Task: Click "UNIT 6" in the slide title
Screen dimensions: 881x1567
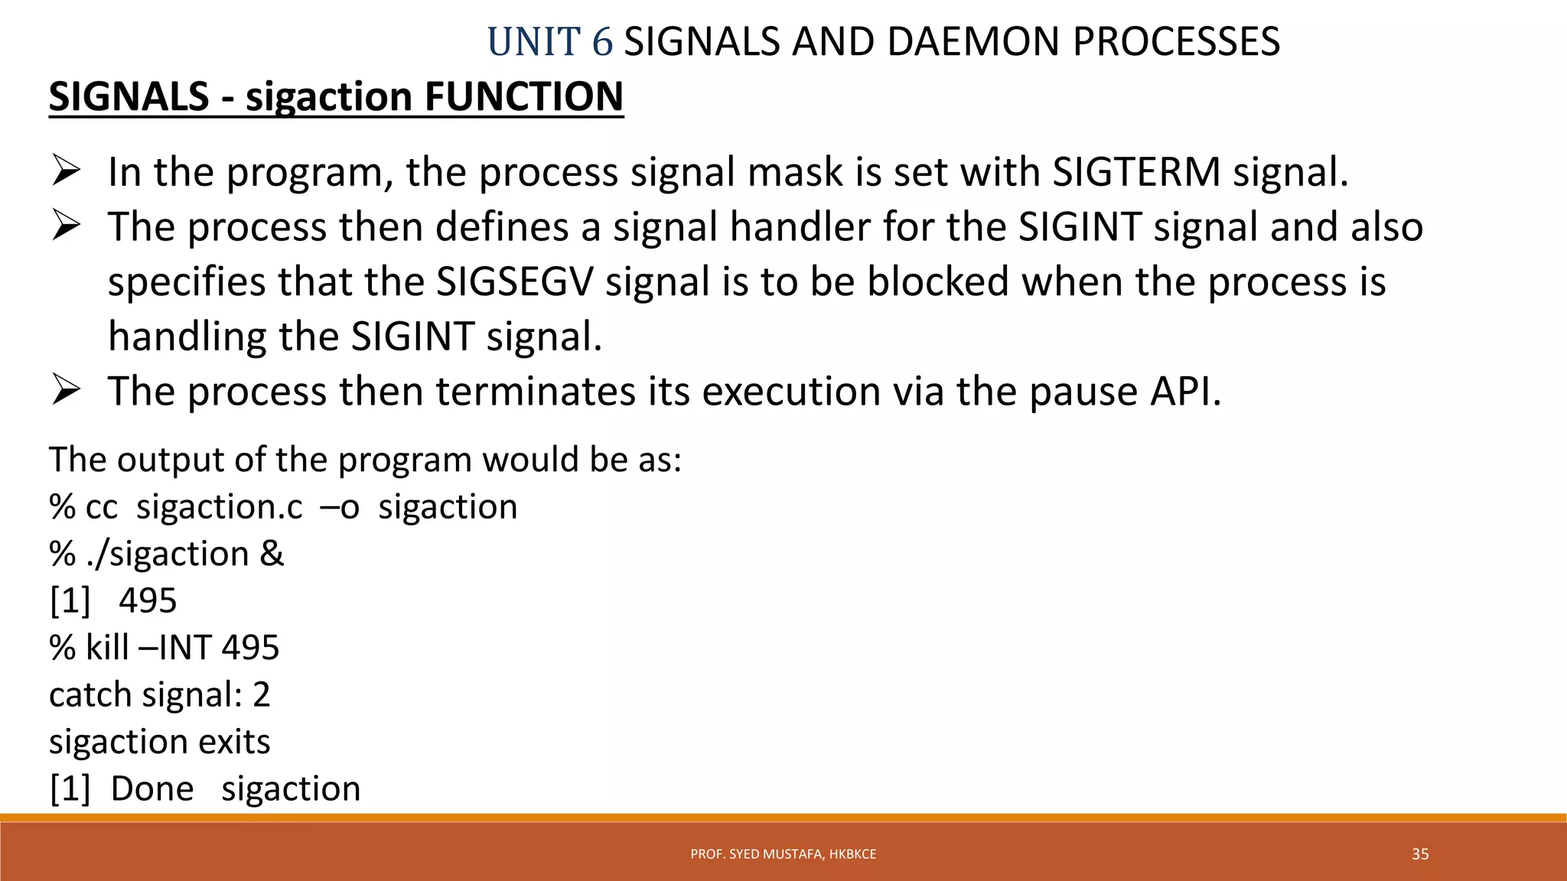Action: pos(549,42)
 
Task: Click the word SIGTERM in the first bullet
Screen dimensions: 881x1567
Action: pos(1136,172)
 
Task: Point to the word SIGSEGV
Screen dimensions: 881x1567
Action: pos(514,281)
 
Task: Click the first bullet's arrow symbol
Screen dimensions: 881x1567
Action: pos(67,171)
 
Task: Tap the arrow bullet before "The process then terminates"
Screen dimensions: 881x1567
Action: pos(67,391)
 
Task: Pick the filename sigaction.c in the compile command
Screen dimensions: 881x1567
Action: pos(220,507)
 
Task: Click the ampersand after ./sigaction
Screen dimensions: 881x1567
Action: pos(272,554)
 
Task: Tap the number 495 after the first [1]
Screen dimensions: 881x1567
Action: pos(148,601)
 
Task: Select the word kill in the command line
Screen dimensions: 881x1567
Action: pos(107,648)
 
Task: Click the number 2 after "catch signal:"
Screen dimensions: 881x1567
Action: pos(262,694)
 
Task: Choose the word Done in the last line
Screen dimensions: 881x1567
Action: pos(152,788)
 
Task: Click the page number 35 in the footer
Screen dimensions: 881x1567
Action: pos(1420,854)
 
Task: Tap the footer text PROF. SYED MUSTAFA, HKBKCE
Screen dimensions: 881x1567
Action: pos(783,854)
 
